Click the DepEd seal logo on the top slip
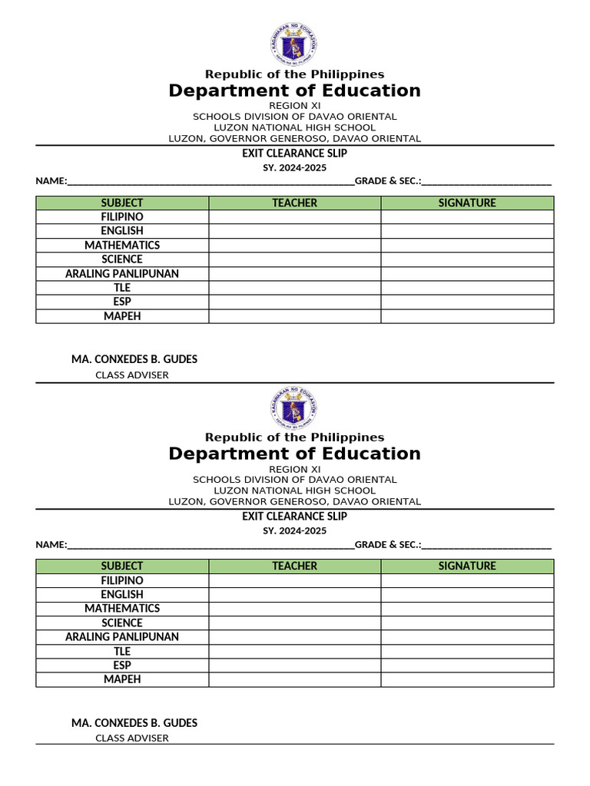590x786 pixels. [293, 44]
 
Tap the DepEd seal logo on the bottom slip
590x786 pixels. [293, 407]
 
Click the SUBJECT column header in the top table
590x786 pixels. [122, 203]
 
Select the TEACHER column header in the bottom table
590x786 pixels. [294, 566]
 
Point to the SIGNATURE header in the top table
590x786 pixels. [467, 203]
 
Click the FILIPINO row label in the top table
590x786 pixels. [122, 217]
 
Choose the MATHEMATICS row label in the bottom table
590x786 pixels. [122, 608]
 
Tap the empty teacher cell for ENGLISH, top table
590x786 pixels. [294, 231]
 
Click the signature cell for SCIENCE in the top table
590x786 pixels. [467, 259]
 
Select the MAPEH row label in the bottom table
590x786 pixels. [122, 679]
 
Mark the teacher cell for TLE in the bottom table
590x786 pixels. [294, 651]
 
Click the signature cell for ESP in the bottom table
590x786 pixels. [467, 665]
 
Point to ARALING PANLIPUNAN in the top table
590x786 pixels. [122, 273]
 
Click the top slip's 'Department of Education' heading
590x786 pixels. [294, 91]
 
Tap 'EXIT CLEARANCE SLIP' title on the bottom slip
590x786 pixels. [294, 516]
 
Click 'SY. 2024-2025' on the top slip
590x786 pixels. [294, 167]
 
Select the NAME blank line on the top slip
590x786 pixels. [211, 182]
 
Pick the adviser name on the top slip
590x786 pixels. [134, 358]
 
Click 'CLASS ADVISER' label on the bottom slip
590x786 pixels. [131, 738]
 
